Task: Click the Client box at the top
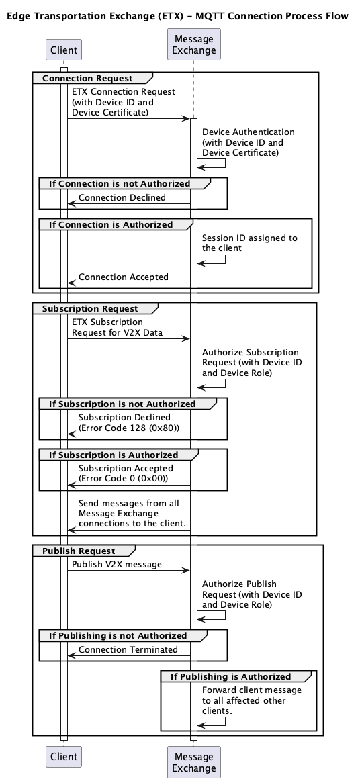tap(64, 50)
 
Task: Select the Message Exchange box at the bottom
tap(193, 762)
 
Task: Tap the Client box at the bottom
tap(64, 757)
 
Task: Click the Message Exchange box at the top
tap(193, 44)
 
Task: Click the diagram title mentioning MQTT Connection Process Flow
tap(177, 16)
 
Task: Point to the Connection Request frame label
tap(87, 78)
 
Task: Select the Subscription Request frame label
tap(90, 308)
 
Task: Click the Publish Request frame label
tap(79, 551)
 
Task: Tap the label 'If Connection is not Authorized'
tap(120, 183)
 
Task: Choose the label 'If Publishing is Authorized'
tap(230, 676)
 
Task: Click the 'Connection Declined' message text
tap(122, 197)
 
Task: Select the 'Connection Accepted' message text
tap(124, 277)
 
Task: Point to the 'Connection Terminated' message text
tap(128, 649)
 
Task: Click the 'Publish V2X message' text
tap(117, 564)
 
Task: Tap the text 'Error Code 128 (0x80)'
tap(129, 428)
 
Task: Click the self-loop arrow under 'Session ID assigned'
tap(212, 259)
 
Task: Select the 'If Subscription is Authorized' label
tap(114, 455)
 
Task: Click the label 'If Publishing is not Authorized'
tap(118, 635)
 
